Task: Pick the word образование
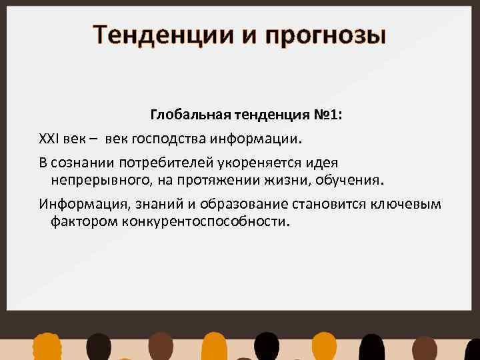tap(216, 204)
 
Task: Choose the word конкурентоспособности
tap(206, 221)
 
